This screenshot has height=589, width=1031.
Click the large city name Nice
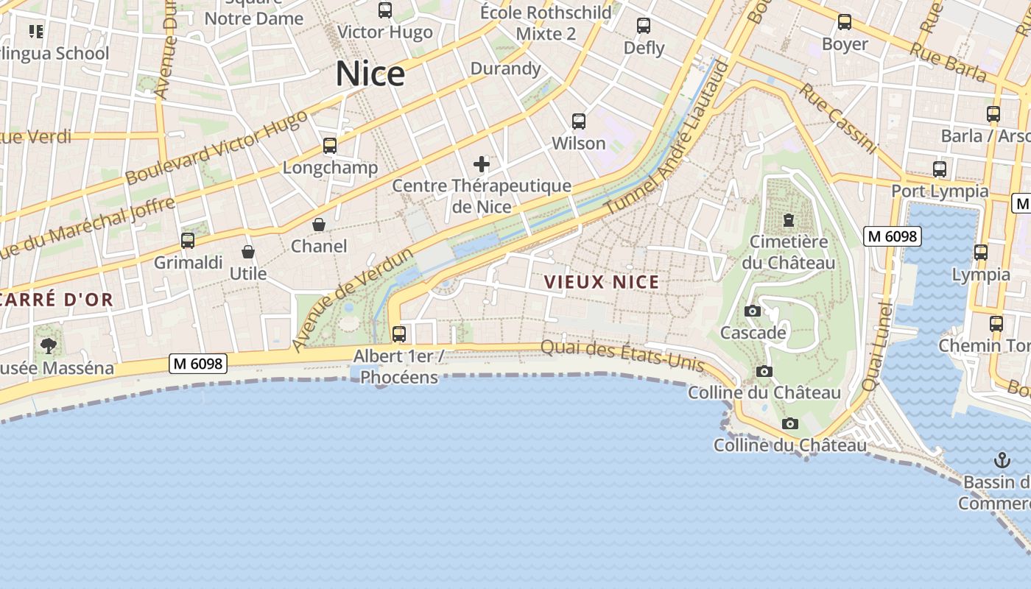(370, 74)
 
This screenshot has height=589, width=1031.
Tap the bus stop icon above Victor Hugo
(385, 10)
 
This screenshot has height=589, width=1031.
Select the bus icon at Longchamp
(330, 146)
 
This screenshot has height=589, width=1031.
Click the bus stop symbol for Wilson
(579, 121)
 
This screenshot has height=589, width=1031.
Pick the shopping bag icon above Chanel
(319, 225)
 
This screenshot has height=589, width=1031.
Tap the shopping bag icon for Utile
(248, 252)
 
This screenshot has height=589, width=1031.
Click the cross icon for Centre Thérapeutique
(482, 163)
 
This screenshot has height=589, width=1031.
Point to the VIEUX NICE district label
(602, 281)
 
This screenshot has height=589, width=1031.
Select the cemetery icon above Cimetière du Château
(789, 219)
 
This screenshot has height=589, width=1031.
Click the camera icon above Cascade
(752, 311)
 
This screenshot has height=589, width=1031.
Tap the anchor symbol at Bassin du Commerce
(1002, 461)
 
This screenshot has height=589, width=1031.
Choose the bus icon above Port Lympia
(940, 169)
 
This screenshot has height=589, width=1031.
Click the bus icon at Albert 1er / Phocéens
(399, 334)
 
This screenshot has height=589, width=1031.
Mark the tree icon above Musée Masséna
(49, 345)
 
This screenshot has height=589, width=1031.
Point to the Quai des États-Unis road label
(623, 356)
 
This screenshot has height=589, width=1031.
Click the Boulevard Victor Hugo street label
(217, 149)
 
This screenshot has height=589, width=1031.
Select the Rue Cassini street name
(839, 119)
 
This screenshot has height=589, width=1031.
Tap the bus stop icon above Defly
(644, 26)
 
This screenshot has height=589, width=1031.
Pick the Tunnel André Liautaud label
(666, 138)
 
